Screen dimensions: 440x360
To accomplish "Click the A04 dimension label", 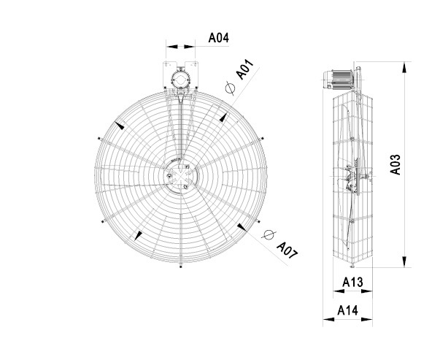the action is [219, 38].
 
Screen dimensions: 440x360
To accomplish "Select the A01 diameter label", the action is [245, 69].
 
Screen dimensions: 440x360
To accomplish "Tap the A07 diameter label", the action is [287, 250].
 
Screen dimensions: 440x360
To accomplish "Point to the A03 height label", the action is [395, 164].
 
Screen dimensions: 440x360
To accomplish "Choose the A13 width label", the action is [352, 282].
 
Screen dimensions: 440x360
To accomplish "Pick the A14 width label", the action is [347, 310].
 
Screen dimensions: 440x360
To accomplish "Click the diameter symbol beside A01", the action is [230, 88].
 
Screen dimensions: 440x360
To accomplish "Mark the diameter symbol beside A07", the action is [269, 234].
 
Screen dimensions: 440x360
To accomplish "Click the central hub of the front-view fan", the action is [180, 176].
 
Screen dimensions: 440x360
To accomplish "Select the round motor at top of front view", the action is [180, 78].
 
